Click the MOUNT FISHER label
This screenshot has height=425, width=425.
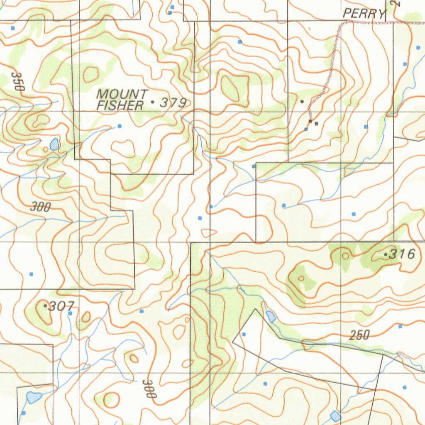121,100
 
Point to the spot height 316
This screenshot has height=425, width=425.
402,254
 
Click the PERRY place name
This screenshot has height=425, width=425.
364,14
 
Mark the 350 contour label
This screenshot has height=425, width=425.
18,81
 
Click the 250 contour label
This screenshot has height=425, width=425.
359,335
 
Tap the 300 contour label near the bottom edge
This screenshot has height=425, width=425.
149,389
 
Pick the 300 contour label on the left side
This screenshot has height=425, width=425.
40,207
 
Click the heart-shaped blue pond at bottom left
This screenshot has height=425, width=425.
34,397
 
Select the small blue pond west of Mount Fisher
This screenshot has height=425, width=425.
54,144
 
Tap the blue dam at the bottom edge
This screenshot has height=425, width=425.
335,415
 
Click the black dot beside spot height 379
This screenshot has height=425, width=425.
153,102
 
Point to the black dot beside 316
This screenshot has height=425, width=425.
386,254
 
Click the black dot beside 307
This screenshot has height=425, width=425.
45,305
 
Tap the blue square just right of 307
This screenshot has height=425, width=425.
70,313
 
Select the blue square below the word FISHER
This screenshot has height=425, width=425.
120,126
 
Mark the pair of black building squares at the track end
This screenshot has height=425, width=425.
313,122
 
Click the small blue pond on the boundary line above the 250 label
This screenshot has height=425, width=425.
271,316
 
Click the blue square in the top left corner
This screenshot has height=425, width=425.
12,28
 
